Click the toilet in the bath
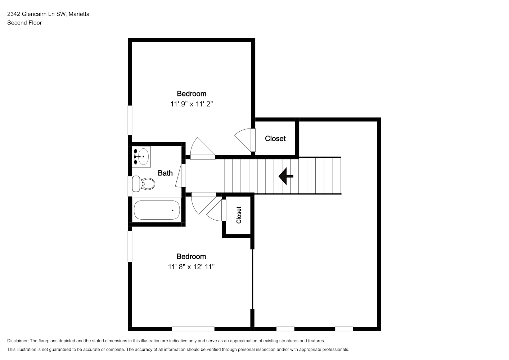pos(143,183)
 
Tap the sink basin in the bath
pos(143,157)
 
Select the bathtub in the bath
pos(157,210)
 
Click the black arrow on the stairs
pos(286,176)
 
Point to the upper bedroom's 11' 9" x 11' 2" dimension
pos(192,104)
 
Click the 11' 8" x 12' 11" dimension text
pos(191,267)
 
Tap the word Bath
pos(165,173)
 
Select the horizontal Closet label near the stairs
pos(275,139)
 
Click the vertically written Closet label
pos(239,215)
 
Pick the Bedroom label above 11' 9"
pos(192,94)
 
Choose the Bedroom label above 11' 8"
pos(191,256)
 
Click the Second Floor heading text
pos(24,23)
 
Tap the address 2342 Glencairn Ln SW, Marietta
pos(48,14)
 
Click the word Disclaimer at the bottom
pos(18,341)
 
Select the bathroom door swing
pos(181,175)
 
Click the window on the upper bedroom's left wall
pos(130,120)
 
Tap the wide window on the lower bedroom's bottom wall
pos(193,329)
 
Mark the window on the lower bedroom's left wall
pos(130,246)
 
